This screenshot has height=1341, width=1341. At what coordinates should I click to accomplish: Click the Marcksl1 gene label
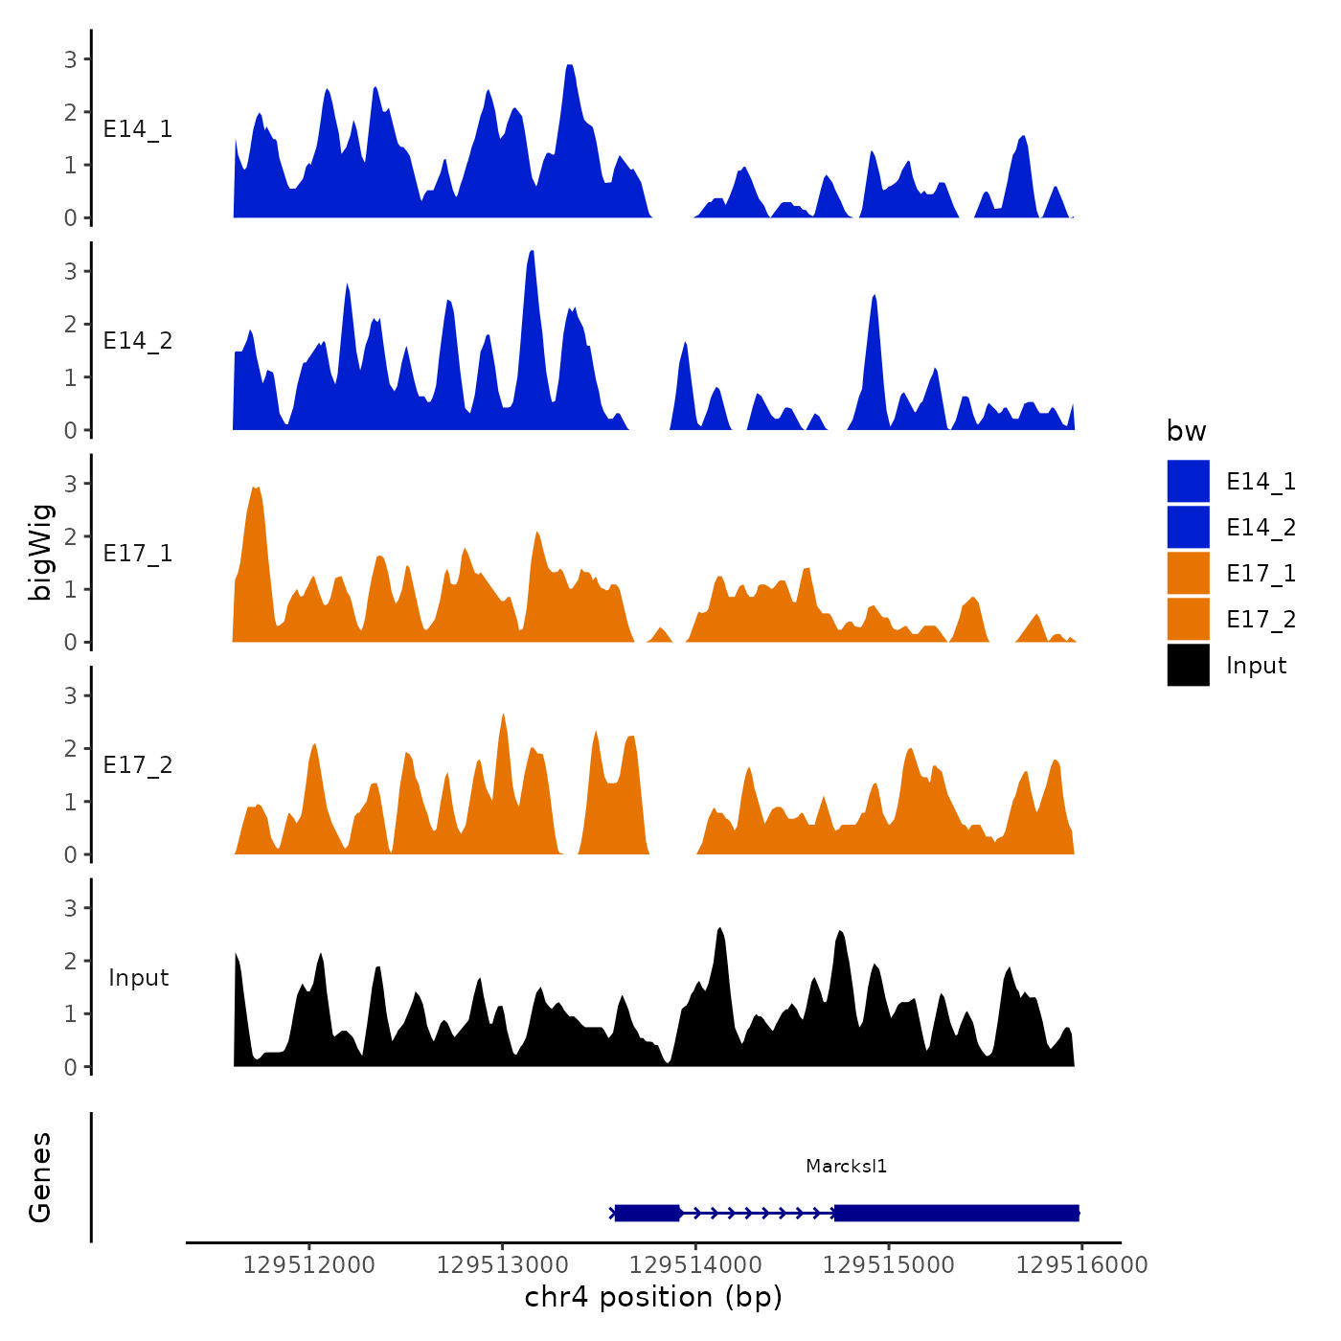pos(846,1166)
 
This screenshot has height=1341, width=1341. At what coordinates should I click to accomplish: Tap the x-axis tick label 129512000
pos(309,1264)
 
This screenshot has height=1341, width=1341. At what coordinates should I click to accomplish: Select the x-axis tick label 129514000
pos(695,1264)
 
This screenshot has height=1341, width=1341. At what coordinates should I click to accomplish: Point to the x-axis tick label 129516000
pos(1081,1264)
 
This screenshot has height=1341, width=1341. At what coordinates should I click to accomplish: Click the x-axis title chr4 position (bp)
pos(653,1297)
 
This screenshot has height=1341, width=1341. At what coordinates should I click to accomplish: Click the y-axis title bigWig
pos(40,552)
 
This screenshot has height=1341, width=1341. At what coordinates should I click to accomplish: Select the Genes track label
pos(40,1177)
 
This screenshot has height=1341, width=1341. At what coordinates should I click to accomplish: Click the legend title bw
pos(1186,431)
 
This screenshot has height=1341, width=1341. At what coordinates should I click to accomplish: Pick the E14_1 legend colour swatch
pos(1188,481)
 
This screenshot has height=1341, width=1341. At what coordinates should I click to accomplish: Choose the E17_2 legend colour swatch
pos(1188,619)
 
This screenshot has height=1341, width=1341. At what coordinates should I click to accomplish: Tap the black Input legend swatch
pos(1188,665)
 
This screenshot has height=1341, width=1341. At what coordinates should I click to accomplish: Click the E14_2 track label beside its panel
pos(138,341)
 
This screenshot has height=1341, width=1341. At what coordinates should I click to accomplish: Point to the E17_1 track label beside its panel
pos(138,554)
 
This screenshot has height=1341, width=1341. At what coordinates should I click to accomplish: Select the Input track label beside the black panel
pos(138,978)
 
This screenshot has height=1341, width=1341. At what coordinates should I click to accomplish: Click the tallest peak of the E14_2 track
pos(531,253)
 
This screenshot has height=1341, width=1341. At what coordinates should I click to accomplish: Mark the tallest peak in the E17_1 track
pos(255,489)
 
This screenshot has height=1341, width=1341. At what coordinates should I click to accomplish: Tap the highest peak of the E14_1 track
pos(570,67)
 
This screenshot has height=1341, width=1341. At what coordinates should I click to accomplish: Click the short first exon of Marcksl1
pos(647,1213)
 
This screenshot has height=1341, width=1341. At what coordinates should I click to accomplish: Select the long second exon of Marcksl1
pos(956,1213)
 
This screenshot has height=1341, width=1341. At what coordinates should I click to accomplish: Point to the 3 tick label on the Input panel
pos(71,908)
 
